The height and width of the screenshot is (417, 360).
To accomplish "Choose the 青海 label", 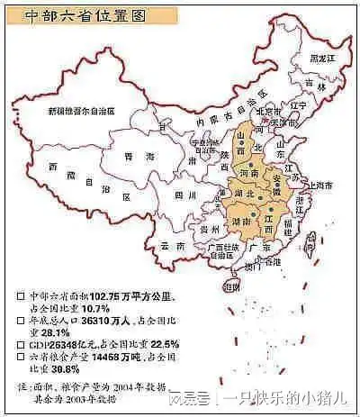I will coord(132,156).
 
